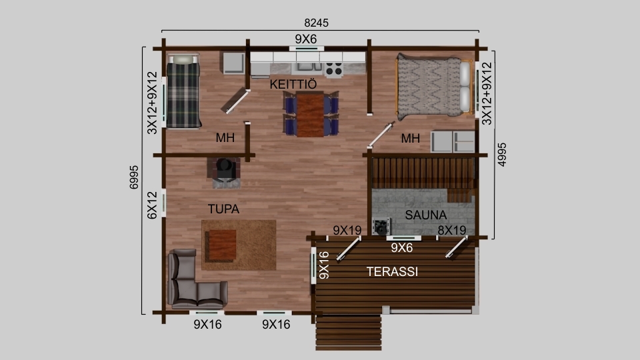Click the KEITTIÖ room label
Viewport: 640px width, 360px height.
293,84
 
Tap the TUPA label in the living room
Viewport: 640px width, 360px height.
223,209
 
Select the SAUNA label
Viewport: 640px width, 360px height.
426,215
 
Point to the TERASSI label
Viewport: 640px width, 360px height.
392,271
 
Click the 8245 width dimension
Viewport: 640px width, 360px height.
316,23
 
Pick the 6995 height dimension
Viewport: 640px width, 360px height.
134,177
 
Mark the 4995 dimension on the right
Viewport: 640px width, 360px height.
502,154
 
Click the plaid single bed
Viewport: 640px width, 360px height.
183,91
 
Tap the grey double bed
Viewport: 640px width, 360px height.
434,86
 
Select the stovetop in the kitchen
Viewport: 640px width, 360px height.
334,69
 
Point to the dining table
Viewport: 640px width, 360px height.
310,115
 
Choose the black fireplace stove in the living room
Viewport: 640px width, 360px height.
224,169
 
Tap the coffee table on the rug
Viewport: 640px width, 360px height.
221,245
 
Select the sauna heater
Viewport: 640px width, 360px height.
381,227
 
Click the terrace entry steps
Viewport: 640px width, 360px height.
349,331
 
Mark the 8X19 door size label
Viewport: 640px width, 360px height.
452,231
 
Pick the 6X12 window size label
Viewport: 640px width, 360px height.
152,205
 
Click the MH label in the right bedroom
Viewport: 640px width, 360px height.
410,139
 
